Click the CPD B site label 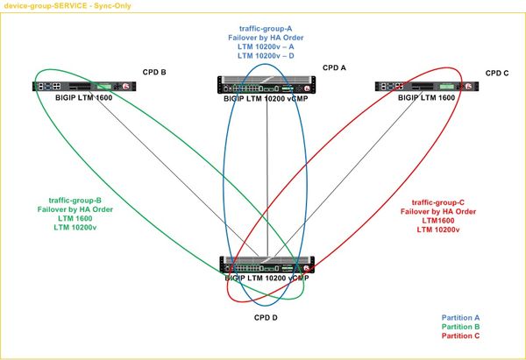click(154, 72)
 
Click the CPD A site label click(334, 67)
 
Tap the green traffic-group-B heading click(75, 201)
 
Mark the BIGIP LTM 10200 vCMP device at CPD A click(265, 85)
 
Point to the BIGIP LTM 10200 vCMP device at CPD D click(265, 265)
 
